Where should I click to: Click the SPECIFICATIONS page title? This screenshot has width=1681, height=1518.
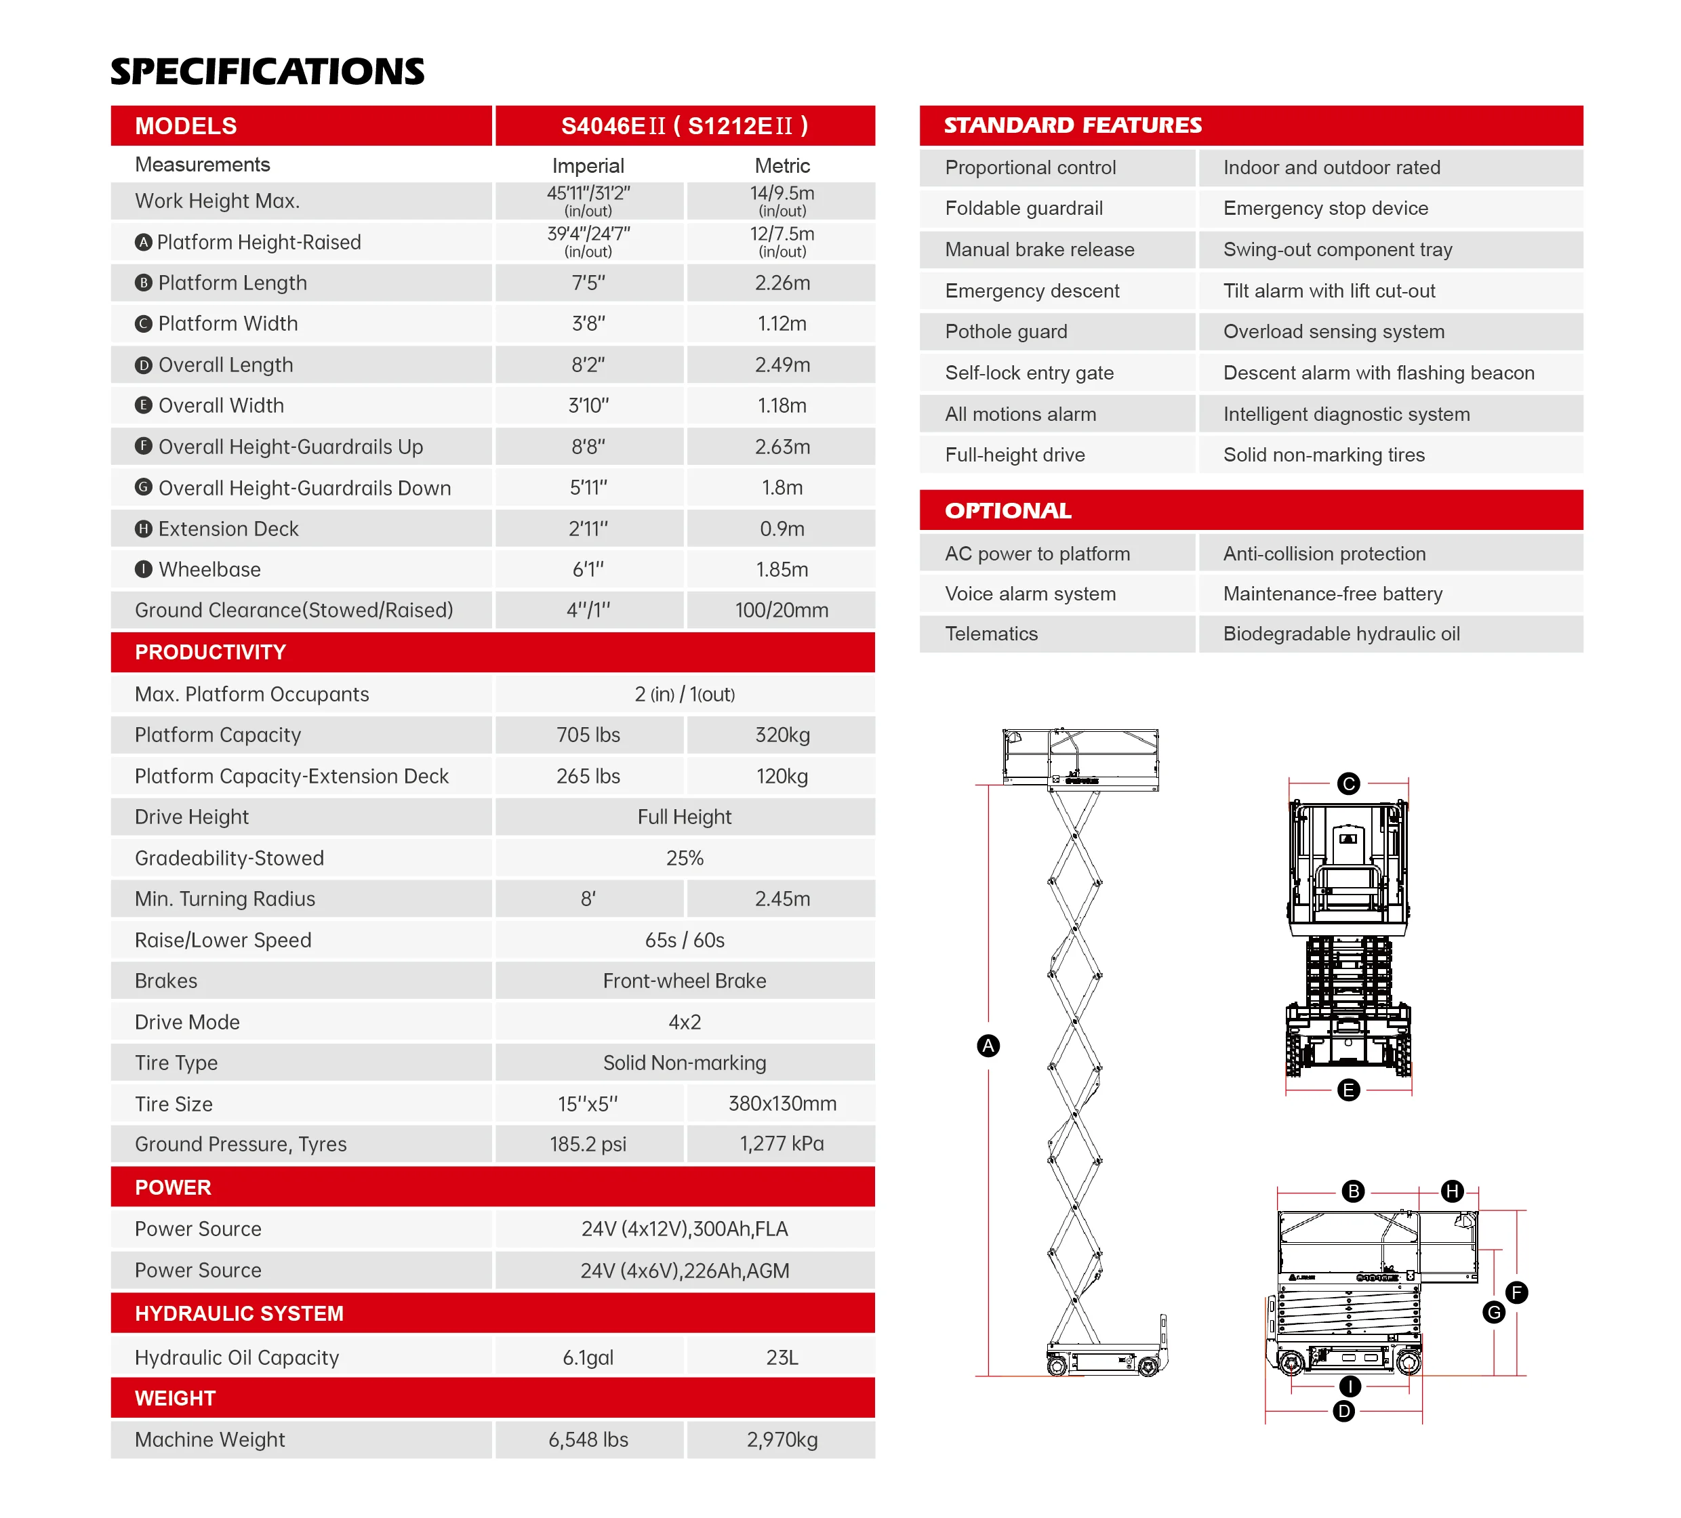267,72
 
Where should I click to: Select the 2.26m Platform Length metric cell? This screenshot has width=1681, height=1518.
782,283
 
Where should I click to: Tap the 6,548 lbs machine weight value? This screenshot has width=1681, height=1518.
588,1439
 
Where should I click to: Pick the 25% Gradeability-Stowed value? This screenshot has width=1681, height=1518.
684,858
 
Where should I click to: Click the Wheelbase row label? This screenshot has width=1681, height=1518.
209,569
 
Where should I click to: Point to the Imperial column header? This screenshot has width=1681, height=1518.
588,166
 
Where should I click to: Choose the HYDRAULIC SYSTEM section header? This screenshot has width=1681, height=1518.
239,1314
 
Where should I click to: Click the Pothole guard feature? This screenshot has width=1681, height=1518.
1006,332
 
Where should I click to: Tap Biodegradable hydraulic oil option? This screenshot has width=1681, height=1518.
1341,634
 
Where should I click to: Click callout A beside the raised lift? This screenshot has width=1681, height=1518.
988,1046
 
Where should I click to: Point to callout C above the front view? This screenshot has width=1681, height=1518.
1348,783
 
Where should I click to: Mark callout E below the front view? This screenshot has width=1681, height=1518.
1348,1090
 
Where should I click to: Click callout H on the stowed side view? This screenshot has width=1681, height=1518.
1453,1191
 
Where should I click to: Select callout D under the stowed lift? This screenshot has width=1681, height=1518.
1344,1412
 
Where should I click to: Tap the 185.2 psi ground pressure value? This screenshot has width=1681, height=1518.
588,1145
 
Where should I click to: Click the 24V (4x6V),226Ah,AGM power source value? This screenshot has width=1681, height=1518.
684,1271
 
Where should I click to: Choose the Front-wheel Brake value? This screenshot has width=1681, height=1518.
684,981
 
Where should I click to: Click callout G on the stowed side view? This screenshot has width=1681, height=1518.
1494,1313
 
